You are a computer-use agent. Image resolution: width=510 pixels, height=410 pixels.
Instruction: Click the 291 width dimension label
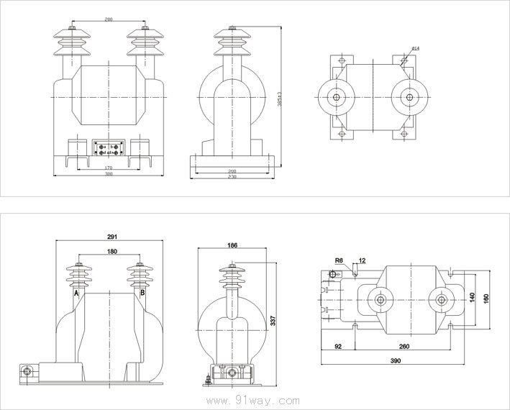112,236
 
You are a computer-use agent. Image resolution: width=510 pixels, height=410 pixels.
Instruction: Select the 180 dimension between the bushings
111,252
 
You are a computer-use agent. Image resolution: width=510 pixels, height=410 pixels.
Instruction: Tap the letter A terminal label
76,293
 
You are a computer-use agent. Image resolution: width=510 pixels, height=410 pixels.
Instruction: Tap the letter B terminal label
142,293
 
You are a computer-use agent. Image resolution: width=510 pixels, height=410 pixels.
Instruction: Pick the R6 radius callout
339,260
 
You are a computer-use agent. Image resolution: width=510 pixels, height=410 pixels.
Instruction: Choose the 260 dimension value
404,346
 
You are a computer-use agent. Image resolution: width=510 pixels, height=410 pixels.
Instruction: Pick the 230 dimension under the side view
232,176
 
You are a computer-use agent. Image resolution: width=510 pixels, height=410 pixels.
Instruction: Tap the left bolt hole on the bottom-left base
27,372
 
